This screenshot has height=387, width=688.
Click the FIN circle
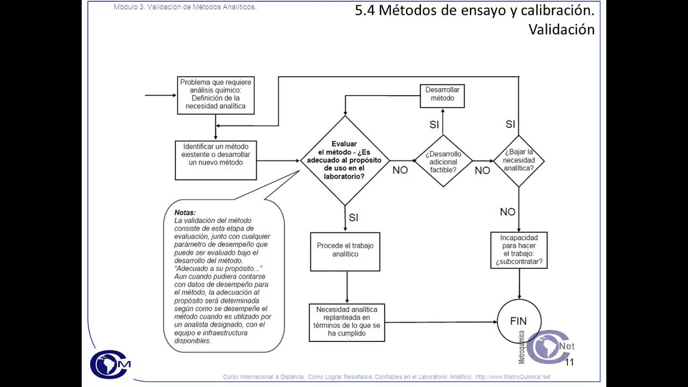point(519,321)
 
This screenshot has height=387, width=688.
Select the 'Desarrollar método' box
point(442,96)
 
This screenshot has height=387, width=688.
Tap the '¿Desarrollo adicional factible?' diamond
point(443,161)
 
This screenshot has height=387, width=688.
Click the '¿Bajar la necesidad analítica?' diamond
point(519,160)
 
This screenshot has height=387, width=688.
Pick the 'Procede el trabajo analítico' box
point(345,251)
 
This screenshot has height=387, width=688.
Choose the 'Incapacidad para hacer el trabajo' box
point(519,250)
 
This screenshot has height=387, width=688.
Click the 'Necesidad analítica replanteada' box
point(347,322)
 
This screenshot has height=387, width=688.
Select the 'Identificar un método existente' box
point(216,160)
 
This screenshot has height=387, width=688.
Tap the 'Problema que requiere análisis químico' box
point(216,95)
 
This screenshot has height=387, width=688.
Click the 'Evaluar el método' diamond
point(345,160)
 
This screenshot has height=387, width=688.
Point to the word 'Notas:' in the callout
point(185,212)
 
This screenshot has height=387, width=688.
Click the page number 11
point(569,362)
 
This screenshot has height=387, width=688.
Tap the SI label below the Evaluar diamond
point(353,218)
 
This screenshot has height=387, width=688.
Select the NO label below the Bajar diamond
point(507,212)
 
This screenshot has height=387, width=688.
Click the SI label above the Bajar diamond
point(510,125)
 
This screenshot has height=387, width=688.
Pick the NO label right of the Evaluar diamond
point(400,170)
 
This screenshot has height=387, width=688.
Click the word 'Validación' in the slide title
point(561,30)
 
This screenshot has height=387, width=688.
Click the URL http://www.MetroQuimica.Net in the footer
point(513,377)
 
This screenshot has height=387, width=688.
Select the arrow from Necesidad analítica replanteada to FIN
point(441,322)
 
